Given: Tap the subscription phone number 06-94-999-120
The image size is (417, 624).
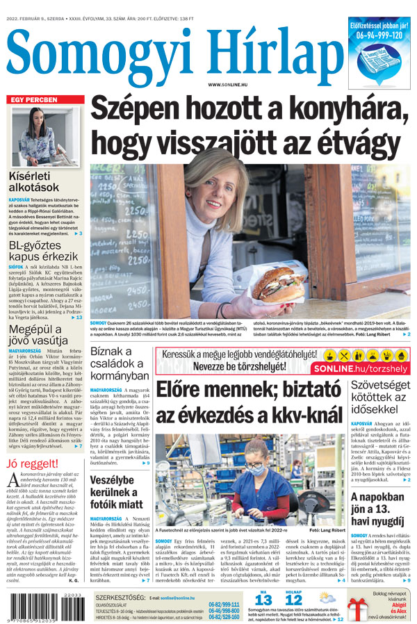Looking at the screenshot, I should (379, 34).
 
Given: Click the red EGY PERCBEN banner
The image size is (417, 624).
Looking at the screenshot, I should (44, 100).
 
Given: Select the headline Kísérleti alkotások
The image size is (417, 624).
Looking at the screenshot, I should (35, 181).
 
